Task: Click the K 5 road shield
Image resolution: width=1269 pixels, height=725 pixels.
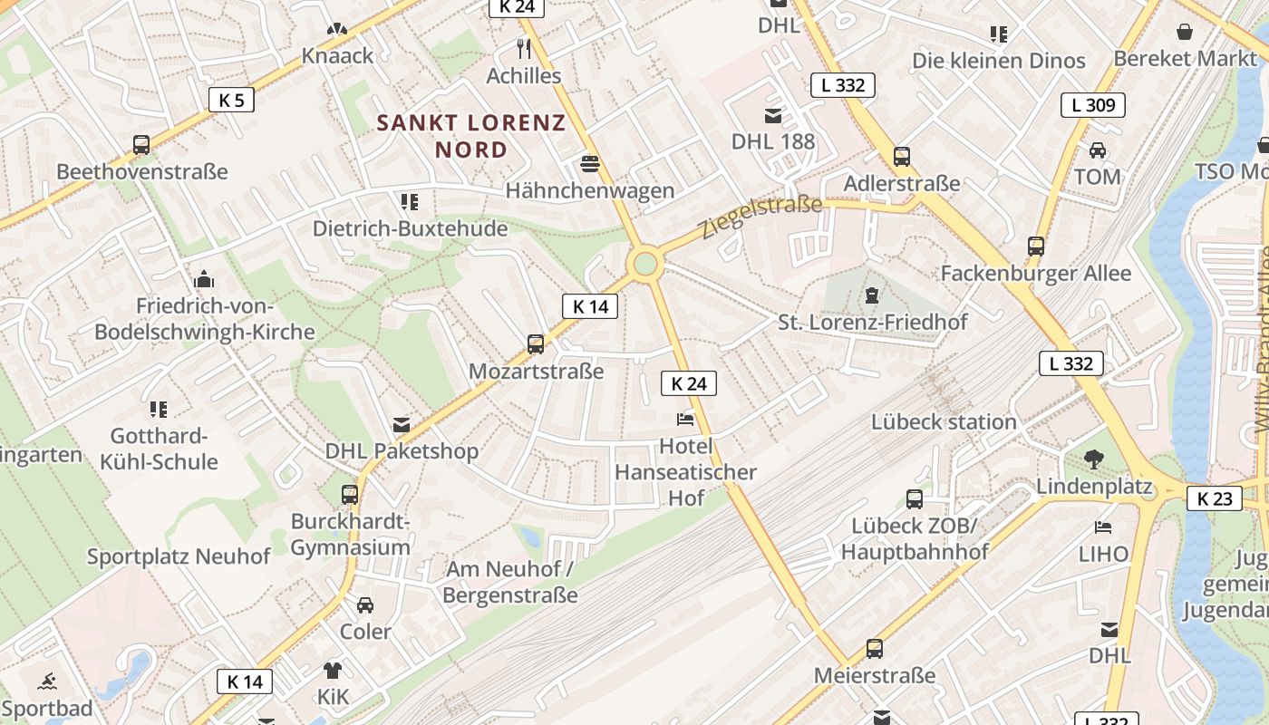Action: coord(231,100)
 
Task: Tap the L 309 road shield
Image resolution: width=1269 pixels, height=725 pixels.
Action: coord(1093,105)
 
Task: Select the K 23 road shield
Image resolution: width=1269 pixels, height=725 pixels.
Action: coord(1214,498)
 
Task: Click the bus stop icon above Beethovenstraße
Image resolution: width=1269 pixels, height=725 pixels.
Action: coord(141,145)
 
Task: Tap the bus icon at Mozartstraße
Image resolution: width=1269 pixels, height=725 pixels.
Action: coord(536,344)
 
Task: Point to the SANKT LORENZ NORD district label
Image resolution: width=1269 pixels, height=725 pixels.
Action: coord(471,136)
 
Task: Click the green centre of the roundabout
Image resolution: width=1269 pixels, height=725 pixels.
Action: coord(645,264)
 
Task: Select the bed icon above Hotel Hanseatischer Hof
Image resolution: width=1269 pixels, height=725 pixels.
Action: coord(685,420)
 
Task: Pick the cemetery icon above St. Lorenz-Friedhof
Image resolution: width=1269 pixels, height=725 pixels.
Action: coord(872,295)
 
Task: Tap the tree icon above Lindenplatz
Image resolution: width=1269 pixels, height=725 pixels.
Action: coord(1094,460)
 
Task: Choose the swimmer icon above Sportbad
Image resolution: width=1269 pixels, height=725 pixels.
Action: coord(47,681)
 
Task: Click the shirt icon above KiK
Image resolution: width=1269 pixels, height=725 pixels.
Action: coord(333,671)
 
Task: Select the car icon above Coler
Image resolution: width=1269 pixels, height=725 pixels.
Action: coord(365,604)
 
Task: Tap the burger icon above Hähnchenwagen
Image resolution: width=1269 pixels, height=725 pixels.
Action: coord(590,164)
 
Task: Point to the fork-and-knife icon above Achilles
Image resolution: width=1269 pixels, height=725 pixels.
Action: coord(524,48)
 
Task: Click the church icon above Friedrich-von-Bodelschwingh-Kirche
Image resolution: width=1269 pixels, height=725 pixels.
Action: coord(205,278)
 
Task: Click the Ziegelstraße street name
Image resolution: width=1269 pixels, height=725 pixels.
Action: coord(761,217)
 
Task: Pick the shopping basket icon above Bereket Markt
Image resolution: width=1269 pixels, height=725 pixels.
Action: coord(1184,33)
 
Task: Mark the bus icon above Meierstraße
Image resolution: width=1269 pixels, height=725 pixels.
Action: coord(875,649)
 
